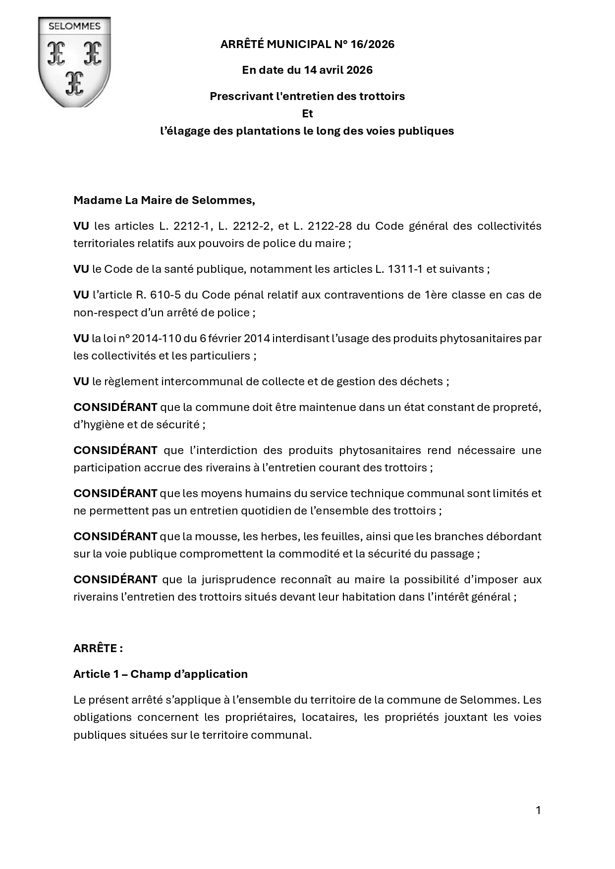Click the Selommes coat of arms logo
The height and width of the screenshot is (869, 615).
coord(74,62)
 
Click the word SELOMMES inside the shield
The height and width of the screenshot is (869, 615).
coord(74,27)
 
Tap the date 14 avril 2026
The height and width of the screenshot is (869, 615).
coord(338,70)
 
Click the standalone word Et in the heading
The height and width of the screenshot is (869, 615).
coord(307,113)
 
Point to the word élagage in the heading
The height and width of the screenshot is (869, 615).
coord(186,131)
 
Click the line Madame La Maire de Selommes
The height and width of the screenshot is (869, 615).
coord(164,200)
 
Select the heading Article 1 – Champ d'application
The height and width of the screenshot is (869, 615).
coord(161,674)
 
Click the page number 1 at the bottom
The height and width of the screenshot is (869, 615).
coord(538,811)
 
